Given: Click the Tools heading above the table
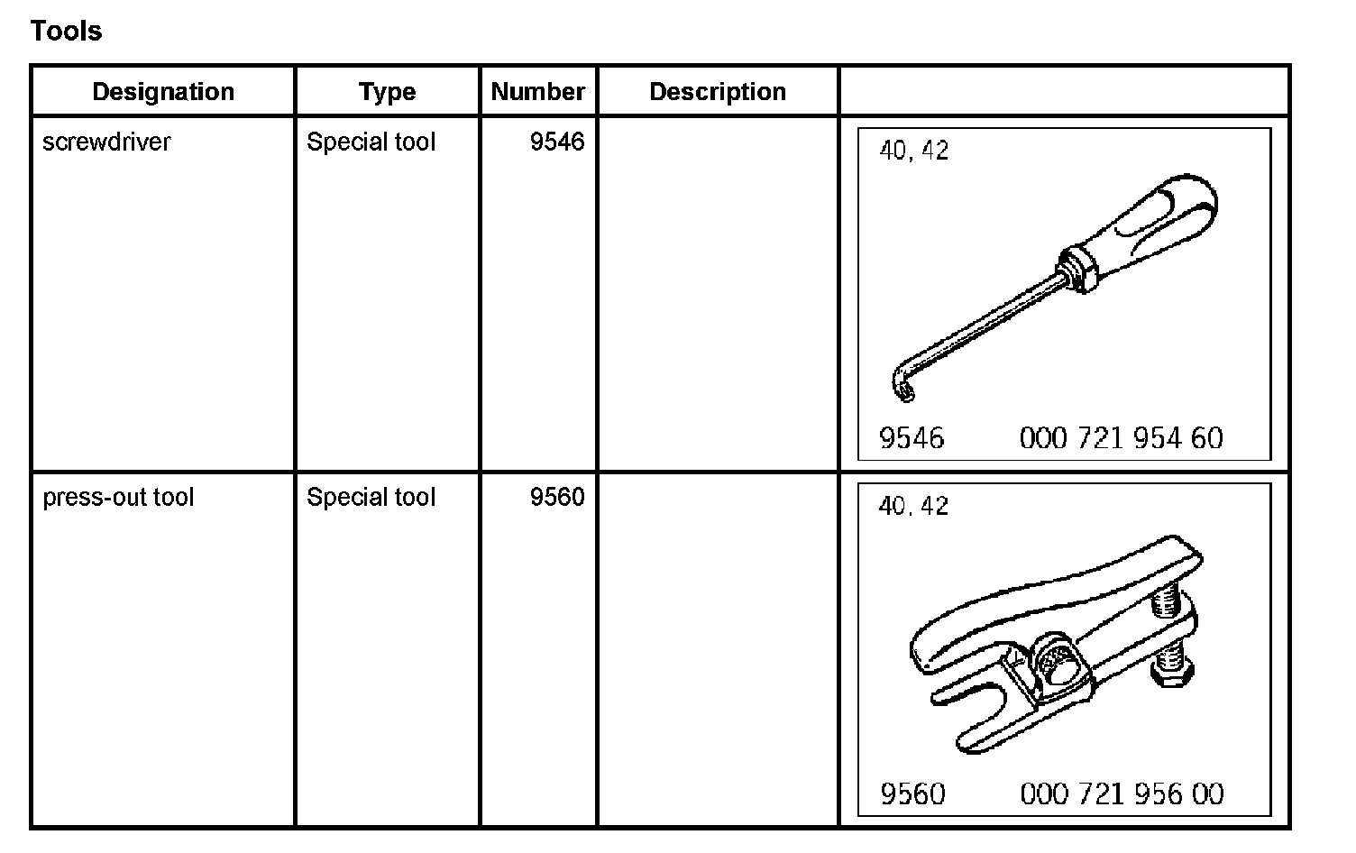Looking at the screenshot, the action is coord(66,31).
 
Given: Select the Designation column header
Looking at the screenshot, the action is coord(163,91).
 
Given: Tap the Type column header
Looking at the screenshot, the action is coord(387,91).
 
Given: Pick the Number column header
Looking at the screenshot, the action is coord(537,91).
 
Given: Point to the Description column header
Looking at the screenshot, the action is coord(718,91).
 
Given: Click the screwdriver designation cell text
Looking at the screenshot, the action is coord(106,142).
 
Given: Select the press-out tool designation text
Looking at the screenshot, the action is coord(118,497).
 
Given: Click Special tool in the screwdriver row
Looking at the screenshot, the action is coord(371,142).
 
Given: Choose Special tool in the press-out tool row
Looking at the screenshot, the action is coord(371,497).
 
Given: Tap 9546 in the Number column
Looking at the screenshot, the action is coord(557,142).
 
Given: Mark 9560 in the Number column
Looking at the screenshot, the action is coord(557,497).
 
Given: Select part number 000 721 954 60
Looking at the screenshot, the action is coord(1121,438).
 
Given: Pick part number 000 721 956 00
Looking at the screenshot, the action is coord(1122,793).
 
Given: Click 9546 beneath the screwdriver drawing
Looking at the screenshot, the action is coord(912,438).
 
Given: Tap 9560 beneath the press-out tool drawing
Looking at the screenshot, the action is coord(912,793).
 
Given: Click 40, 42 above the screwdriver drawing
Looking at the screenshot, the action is coord(914,151).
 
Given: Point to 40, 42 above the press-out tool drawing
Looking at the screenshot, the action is coord(914,506).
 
